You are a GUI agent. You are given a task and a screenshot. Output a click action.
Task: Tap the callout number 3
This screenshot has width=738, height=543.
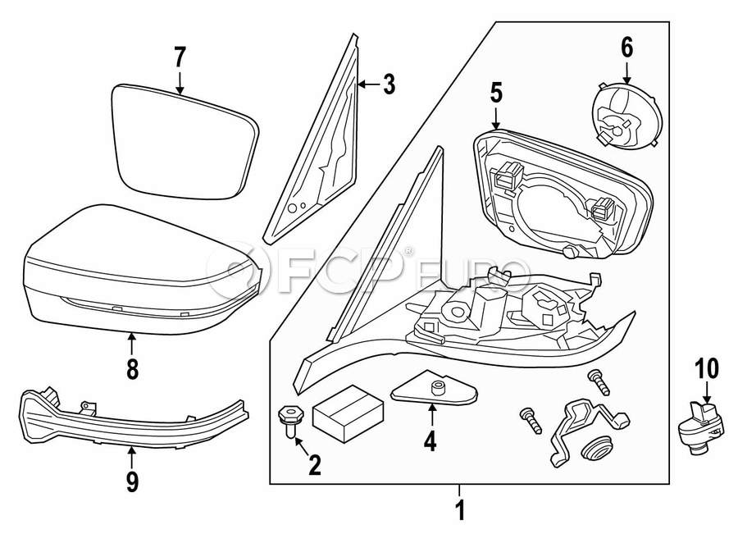click(x=388, y=84)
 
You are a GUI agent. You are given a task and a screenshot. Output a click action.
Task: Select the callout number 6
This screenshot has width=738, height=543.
click(x=626, y=48)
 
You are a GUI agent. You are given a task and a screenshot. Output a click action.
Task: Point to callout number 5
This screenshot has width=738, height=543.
click(x=496, y=92)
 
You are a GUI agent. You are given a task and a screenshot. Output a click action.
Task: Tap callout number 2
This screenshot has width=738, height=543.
click(x=314, y=466)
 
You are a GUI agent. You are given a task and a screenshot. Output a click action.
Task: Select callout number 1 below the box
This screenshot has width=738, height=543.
click(x=460, y=511)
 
